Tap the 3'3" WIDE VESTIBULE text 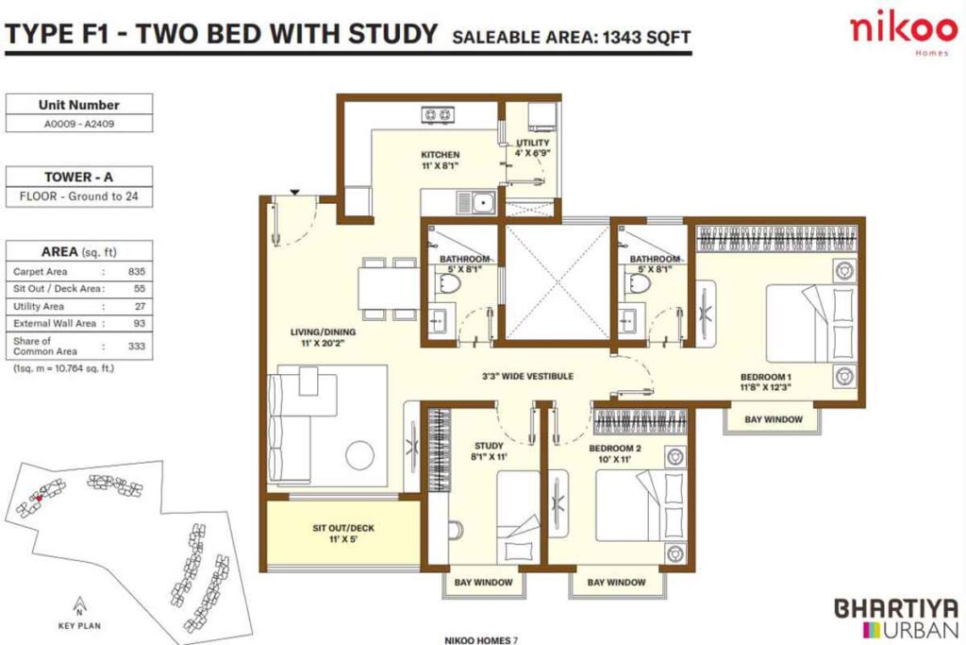pyautogui.click(x=527, y=376)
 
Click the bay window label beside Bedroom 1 pyautogui.click(x=774, y=419)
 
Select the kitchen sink pyautogui.click(x=481, y=201)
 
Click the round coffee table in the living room pyautogui.click(x=361, y=454)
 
